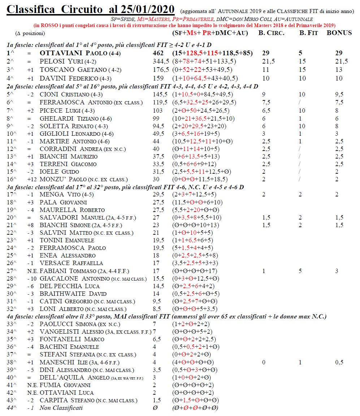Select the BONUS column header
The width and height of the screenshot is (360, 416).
tap(339, 33)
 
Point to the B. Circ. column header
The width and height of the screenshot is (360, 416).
tap(272, 33)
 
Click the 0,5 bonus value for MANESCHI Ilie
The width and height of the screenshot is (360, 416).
tap(339, 362)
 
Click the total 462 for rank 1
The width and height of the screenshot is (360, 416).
tap(159, 53)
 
